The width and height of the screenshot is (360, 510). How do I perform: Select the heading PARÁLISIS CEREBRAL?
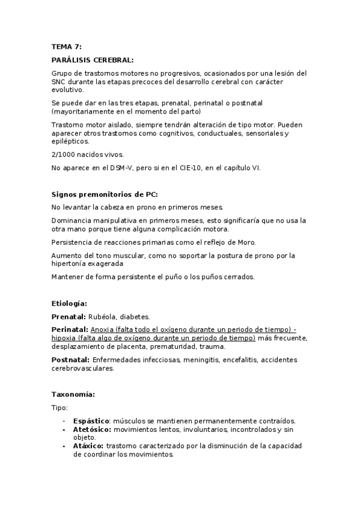coord(93,60)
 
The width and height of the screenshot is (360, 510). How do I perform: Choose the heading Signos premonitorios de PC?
coord(105,194)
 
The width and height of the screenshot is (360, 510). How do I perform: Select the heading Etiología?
coord(70,304)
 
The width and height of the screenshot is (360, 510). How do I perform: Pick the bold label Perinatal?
coord(70,330)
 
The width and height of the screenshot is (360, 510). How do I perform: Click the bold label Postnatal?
coord(71,359)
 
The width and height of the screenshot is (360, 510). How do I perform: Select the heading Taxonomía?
coord(73,395)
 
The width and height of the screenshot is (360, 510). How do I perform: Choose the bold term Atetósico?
coord(92,430)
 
